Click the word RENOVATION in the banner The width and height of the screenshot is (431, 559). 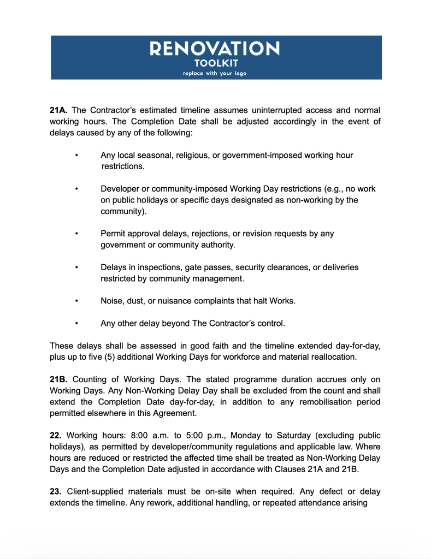click(x=215, y=49)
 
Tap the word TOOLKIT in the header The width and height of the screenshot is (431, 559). click(x=215, y=63)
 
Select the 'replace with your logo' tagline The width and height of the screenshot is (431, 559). click(x=215, y=74)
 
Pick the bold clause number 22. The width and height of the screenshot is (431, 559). click(x=56, y=436)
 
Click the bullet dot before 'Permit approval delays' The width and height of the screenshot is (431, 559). click(x=77, y=234)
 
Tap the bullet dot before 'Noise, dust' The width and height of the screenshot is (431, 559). click(x=77, y=301)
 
